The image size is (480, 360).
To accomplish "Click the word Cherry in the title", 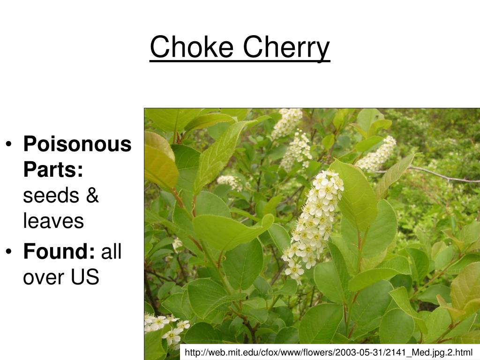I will click(286, 48).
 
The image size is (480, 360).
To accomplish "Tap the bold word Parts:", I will click(53, 170).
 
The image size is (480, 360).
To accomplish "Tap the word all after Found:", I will click(112, 252).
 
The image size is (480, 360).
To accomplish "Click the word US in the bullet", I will click(85, 277).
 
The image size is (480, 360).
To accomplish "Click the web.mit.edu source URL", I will click(329, 352).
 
